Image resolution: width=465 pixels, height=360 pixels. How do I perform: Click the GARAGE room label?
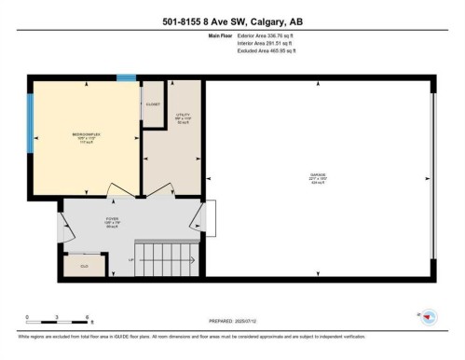[318, 176]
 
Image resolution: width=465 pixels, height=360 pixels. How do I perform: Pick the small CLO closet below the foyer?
[83, 265]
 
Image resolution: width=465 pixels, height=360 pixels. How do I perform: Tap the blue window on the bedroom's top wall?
[125, 78]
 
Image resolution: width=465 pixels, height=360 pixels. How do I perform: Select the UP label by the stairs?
[132, 258]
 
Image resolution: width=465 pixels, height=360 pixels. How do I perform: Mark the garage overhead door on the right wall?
[431, 177]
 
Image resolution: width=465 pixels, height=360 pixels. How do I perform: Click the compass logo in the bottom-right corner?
[430, 317]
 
